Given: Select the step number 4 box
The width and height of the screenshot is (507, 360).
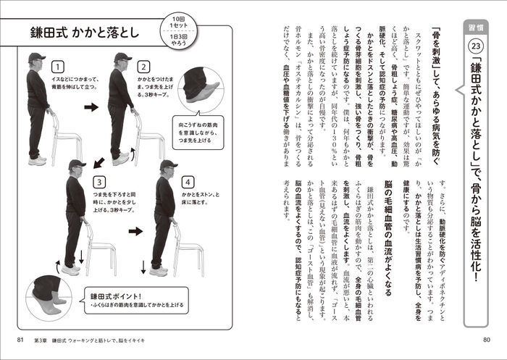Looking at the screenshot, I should pyautogui.click(x=188, y=181).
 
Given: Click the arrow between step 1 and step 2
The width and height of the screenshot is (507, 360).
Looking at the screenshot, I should pyautogui.click(x=91, y=107).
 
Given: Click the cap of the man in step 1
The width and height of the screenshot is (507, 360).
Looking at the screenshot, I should pyautogui.click(x=36, y=57).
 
